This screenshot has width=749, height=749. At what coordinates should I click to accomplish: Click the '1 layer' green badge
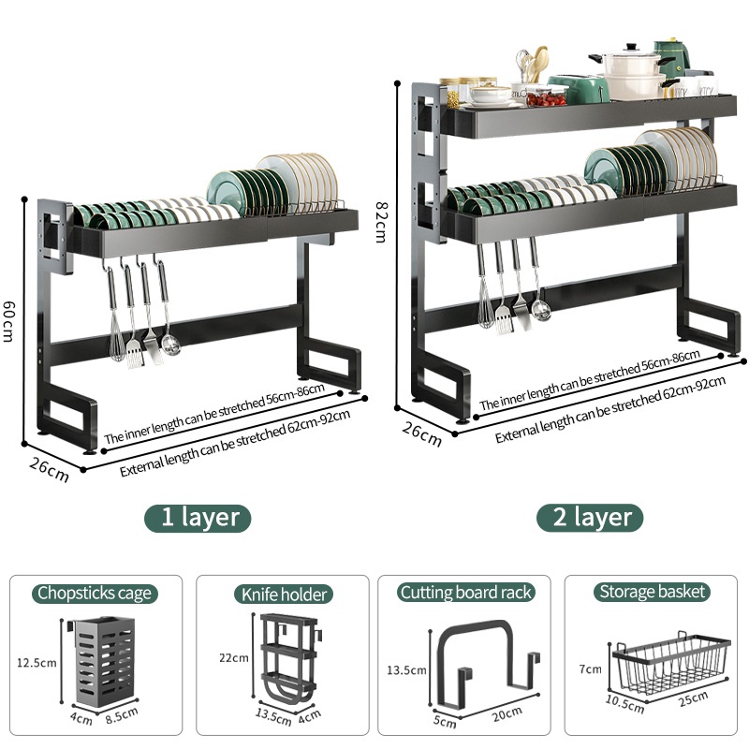[198, 518]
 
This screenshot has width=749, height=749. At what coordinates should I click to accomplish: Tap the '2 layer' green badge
[590, 518]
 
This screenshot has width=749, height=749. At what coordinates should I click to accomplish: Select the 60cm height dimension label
[8, 321]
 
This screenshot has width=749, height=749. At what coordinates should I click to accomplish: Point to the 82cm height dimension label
[381, 222]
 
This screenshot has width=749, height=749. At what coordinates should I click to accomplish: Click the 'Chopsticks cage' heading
[95, 594]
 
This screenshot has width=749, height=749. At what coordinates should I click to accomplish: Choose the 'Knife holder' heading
[284, 595]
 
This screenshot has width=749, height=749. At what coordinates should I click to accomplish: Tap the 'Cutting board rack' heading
[465, 593]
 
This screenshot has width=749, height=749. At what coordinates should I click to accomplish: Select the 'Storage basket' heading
[652, 592]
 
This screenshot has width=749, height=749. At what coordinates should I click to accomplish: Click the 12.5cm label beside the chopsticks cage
[37, 663]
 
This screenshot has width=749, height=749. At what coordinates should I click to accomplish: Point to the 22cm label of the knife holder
[234, 658]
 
